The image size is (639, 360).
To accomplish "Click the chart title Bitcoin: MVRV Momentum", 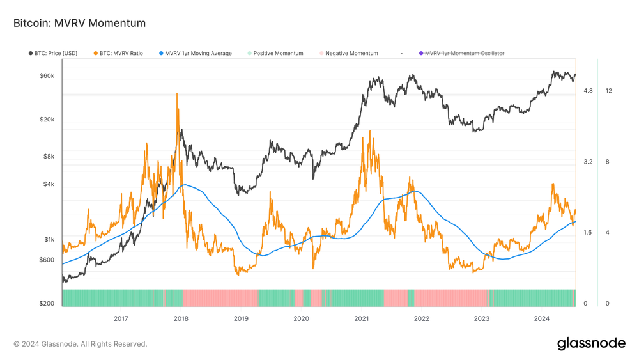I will (x=79, y=23).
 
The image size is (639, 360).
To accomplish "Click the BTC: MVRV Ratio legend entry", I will (x=121, y=54).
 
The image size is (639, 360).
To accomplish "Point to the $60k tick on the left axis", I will (x=45, y=76).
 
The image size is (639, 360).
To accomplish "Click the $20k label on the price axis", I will (x=45, y=120).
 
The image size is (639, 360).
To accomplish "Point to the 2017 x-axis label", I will (x=121, y=318).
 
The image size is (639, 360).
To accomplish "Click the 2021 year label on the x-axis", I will (x=362, y=318).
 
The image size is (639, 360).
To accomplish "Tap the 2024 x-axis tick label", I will (x=542, y=318).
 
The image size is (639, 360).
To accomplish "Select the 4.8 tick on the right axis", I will (x=588, y=91).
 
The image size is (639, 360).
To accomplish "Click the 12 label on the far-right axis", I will (x=608, y=91).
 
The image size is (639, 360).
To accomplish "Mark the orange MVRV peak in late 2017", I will (x=176, y=94).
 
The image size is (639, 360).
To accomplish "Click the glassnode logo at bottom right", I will (x=591, y=343).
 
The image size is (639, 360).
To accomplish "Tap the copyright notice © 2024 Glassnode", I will (x=80, y=344).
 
